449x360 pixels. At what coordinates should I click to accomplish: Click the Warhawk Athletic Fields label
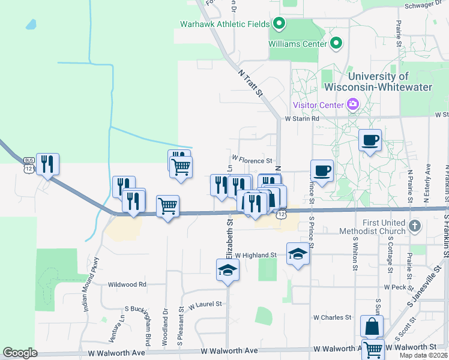tap(226, 25)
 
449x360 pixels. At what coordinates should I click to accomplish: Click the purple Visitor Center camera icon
tap(353, 105)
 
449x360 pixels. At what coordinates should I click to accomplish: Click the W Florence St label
tap(253, 161)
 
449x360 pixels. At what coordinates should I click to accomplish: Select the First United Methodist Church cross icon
tap(413, 226)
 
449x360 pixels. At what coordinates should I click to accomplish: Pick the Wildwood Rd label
tap(127, 284)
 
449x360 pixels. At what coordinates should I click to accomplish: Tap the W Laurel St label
tap(205, 305)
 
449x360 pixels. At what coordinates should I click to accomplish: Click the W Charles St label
tap(332, 317)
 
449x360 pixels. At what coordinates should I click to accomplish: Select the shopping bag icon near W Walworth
tap(372, 326)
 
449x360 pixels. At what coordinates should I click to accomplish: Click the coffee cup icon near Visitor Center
tap(370, 140)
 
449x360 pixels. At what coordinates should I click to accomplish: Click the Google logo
tap(20, 353)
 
